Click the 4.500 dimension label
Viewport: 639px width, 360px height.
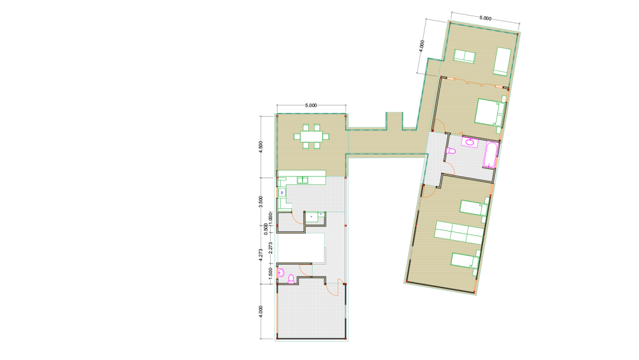click(261, 147)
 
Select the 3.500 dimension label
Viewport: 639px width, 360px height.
click(261, 202)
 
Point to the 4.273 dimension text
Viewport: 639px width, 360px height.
click(261, 255)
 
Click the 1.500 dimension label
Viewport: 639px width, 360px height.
click(270, 273)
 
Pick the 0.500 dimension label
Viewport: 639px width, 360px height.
click(266, 229)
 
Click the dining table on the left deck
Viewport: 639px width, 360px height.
click(311, 137)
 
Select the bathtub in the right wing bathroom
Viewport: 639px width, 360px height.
click(490, 155)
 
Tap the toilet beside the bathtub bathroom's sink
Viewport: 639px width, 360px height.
click(451, 151)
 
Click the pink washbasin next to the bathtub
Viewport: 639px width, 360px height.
click(470, 142)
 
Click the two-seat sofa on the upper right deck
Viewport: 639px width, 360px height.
click(464, 56)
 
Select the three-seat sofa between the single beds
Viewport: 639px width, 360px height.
click(459, 233)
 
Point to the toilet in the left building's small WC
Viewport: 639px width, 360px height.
click(291, 279)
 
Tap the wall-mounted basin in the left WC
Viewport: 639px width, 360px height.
click(281, 273)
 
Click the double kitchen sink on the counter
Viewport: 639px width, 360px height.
click(303, 180)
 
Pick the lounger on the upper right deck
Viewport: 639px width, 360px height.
click(502, 62)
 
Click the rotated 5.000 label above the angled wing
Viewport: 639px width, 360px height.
click(485, 18)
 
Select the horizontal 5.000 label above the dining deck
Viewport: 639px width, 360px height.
click(311, 105)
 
